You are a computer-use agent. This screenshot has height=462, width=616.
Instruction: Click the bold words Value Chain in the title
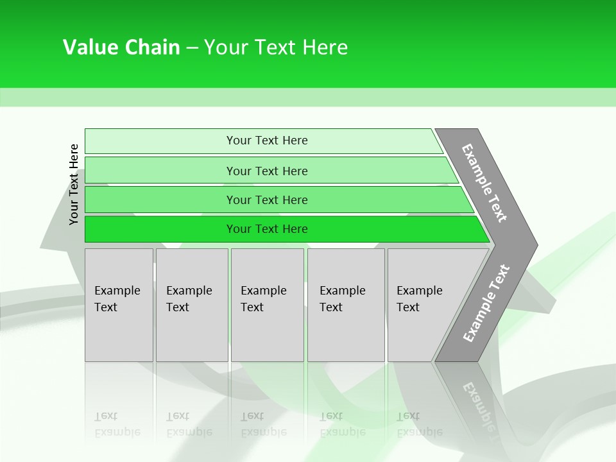121,47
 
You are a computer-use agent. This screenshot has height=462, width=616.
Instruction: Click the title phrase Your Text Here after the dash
276,47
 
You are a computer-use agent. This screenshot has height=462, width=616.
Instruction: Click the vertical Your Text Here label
74,185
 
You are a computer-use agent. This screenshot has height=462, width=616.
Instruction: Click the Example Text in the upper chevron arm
484,183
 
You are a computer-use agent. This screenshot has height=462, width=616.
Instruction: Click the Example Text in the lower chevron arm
486,304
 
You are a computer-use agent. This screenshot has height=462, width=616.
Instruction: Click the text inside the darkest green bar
267,229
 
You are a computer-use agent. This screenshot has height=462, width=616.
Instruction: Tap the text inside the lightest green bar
267,141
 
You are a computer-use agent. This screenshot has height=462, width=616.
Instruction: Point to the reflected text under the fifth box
419,425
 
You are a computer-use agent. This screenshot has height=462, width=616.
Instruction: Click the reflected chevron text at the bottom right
478,404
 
